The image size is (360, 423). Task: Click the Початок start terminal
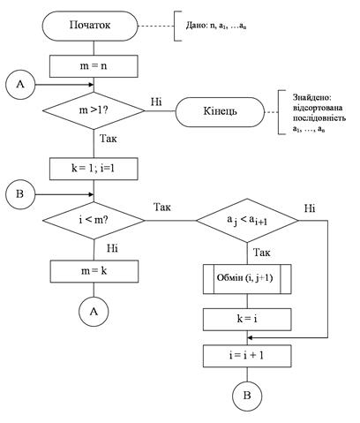(x=90, y=26)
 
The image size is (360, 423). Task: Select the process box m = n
(x=94, y=66)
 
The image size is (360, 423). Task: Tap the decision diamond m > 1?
(x=94, y=110)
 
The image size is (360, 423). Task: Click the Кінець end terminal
(x=220, y=112)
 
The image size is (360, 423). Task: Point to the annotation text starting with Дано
(x=216, y=26)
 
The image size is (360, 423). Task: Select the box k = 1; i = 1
(x=94, y=169)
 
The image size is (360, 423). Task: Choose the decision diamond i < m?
(x=94, y=220)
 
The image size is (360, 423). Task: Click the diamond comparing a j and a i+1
(x=247, y=220)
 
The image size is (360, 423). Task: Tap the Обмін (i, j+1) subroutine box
(x=247, y=279)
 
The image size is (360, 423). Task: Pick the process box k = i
(x=247, y=320)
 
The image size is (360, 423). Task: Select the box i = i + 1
(x=247, y=356)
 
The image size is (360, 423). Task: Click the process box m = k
(x=94, y=271)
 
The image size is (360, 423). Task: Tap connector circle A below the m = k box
(x=94, y=312)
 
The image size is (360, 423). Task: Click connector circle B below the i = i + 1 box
(x=247, y=396)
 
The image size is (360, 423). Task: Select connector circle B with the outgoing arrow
(x=20, y=194)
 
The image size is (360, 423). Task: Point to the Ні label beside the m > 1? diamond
(x=156, y=102)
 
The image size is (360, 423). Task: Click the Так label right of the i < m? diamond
(x=162, y=207)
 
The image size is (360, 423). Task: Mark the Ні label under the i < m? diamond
(x=112, y=248)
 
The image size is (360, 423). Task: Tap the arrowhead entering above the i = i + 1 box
(x=251, y=337)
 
